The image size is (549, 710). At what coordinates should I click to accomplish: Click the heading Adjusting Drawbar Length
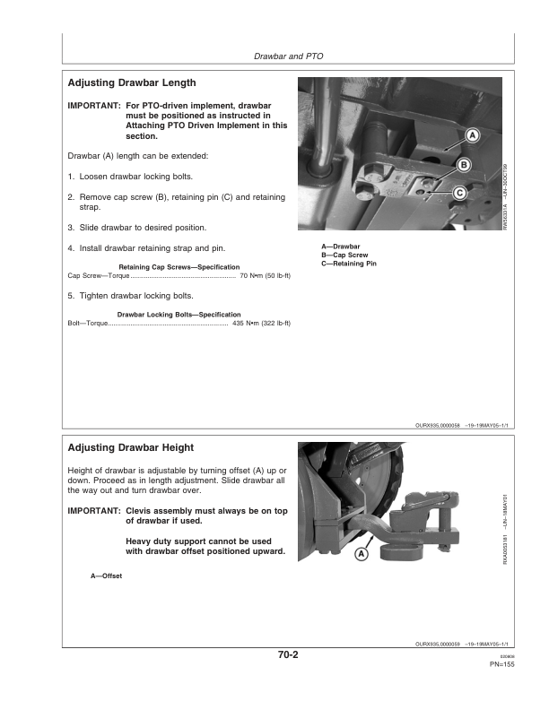[132, 82]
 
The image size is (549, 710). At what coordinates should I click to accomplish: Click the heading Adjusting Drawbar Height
[131, 447]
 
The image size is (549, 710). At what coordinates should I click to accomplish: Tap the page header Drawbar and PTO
[288, 56]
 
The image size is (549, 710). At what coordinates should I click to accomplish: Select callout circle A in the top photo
[473, 136]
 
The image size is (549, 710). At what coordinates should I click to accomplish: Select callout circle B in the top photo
[464, 165]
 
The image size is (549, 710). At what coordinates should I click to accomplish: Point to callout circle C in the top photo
[458, 193]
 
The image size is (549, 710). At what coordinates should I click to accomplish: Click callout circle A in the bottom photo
[362, 555]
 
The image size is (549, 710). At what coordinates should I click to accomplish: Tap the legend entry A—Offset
[106, 575]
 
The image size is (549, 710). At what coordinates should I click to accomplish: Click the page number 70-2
[288, 655]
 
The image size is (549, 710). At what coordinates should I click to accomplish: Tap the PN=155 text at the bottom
[501, 664]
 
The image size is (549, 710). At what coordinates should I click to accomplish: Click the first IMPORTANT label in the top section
[94, 105]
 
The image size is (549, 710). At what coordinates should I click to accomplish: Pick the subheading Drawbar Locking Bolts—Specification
[179, 315]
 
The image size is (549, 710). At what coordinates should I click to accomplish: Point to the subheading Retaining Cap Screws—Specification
[179, 267]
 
